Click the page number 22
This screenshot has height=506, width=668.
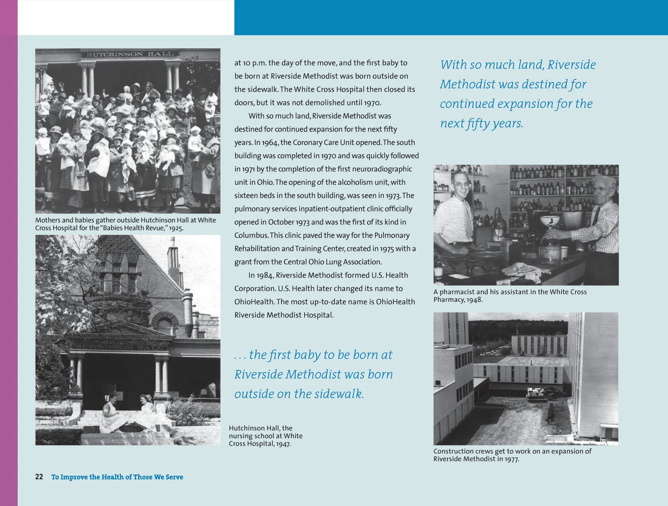coord(39,477)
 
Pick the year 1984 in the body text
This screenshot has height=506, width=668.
coord(265,275)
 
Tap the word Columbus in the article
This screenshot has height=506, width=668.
coord(251,235)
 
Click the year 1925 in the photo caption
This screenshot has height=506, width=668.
coord(176,228)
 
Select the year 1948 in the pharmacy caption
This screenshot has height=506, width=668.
coord(474,300)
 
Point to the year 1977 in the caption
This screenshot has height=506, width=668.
coord(511,459)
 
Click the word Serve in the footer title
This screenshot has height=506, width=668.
coord(174,477)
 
